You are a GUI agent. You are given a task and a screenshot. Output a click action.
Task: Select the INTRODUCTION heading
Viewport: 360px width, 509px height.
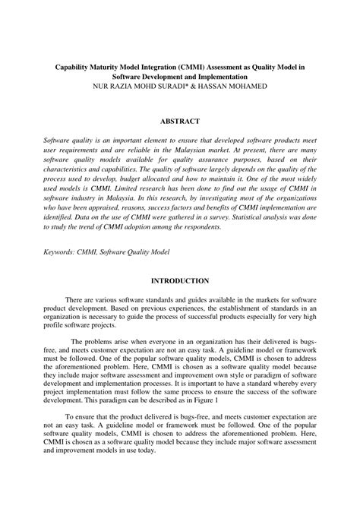(180, 280)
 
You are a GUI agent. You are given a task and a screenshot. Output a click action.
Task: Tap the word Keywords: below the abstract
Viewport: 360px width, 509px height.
(63, 250)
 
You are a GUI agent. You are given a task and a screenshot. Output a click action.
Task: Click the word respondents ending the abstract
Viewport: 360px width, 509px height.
(201, 226)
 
